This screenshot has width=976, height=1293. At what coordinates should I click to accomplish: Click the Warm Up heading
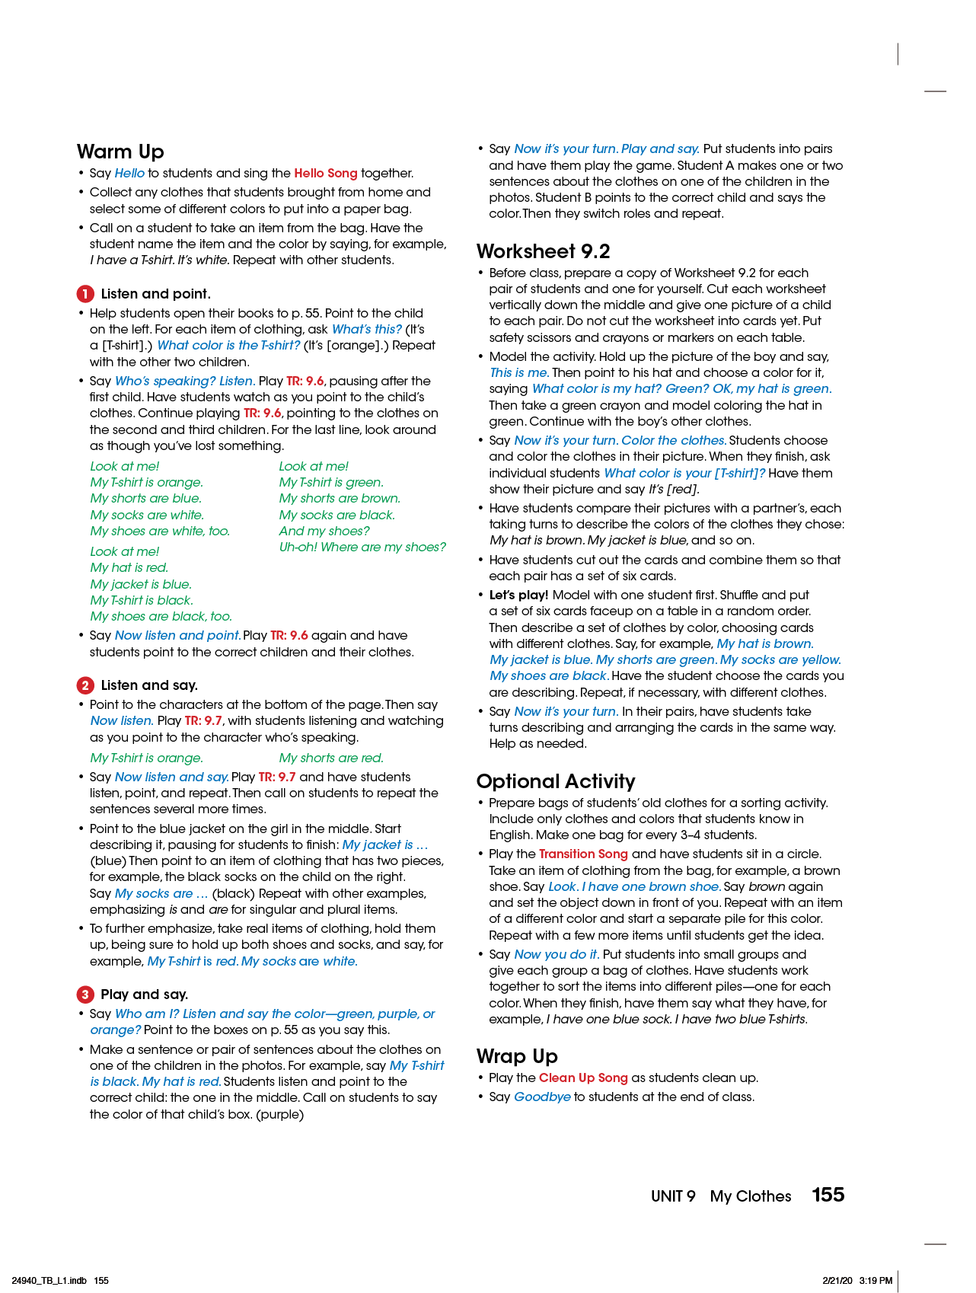coord(120,152)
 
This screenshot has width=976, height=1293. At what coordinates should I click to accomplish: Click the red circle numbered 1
coord(85,294)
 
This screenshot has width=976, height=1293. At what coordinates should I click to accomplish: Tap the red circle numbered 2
coord(85,685)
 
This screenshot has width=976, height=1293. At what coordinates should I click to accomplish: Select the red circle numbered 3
coord(85,994)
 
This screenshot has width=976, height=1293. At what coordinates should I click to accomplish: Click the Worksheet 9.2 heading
coord(543,251)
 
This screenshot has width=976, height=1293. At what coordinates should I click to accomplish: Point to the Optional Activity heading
coord(555,781)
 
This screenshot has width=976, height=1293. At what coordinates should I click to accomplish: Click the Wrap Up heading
coord(517,1056)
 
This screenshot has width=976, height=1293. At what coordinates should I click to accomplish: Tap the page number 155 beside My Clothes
coord(828,1195)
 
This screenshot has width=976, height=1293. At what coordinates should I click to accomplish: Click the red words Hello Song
coord(325,174)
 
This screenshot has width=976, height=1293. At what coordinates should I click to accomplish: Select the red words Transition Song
coord(583,854)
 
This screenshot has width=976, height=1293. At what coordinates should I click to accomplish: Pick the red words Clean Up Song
coord(583,1078)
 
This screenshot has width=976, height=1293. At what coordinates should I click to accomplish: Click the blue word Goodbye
coord(542,1097)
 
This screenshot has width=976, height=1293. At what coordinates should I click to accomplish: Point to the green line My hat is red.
coord(129,568)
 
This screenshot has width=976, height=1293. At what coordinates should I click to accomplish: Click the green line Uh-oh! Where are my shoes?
coord(362,548)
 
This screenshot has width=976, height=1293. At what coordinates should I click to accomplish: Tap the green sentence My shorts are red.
coord(331,758)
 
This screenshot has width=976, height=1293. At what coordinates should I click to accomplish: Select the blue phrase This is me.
coord(518,373)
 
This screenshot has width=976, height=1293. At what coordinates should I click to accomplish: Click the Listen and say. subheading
coord(149,685)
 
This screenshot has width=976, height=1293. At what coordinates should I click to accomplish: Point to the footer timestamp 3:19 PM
coord(876,1281)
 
